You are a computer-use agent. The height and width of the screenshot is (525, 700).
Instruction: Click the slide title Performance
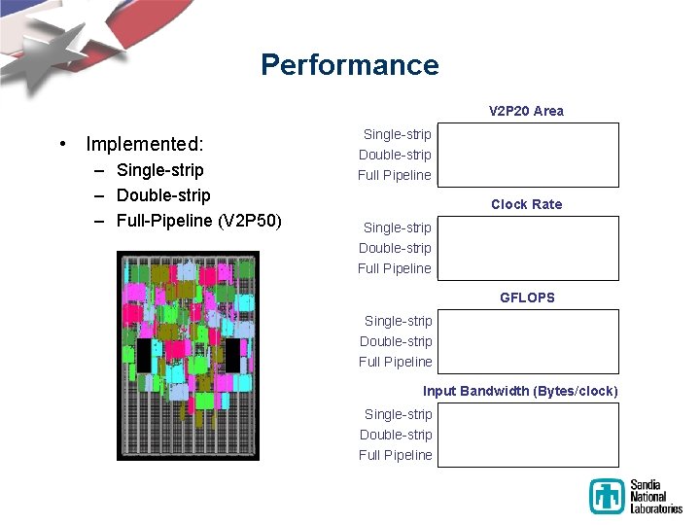pyautogui.click(x=349, y=65)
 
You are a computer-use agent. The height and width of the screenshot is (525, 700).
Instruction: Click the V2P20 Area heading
pyautogui.click(x=526, y=111)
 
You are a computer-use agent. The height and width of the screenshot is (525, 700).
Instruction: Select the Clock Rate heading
pyautogui.click(x=526, y=204)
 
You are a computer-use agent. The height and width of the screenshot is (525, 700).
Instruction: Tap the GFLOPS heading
pyautogui.click(x=527, y=297)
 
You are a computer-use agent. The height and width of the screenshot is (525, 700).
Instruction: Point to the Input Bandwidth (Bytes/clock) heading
pyautogui.click(x=520, y=391)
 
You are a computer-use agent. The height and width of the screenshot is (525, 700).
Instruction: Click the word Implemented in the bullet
pyautogui.click(x=144, y=144)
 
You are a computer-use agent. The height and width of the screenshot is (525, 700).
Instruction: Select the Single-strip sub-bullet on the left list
pyautogui.click(x=159, y=170)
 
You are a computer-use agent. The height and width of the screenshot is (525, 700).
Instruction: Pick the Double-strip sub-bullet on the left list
pyautogui.click(x=162, y=195)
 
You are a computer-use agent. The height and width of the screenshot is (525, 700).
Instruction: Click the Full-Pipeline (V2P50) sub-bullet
pyautogui.click(x=198, y=221)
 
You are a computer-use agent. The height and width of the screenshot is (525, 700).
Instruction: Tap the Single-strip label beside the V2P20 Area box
pyautogui.click(x=397, y=134)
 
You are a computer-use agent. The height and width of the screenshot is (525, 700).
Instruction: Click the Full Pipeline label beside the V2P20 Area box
pyautogui.click(x=394, y=175)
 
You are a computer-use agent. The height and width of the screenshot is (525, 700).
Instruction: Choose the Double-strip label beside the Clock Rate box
pyautogui.click(x=395, y=248)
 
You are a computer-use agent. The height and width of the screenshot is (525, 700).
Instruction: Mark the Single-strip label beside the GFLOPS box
pyautogui.click(x=398, y=321)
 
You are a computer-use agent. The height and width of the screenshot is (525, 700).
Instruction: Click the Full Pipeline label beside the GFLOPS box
pyautogui.click(x=395, y=362)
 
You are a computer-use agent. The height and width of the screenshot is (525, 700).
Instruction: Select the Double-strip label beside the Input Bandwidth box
pyautogui.click(x=396, y=435)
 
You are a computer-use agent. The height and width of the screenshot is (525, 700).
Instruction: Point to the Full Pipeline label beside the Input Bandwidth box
pyautogui.click(x=395, y=455)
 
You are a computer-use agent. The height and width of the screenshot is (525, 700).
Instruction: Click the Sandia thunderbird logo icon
pyautogui.click(x=607, y=496)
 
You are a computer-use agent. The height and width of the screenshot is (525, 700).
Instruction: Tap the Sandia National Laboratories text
pyautogui.click(x=656, y=496)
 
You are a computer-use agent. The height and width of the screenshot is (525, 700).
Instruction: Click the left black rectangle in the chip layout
pyautogui.click(x=144, y=356)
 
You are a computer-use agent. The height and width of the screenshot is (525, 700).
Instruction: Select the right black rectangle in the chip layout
pyautogui.click(x=232, y=356)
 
